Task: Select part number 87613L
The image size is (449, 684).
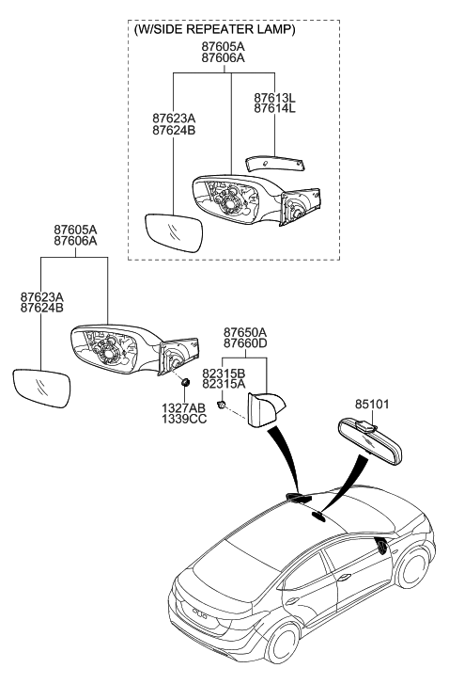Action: point(273,96)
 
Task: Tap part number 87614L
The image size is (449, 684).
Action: point(273,109)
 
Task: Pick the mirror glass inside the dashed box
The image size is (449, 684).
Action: point(175,231)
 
